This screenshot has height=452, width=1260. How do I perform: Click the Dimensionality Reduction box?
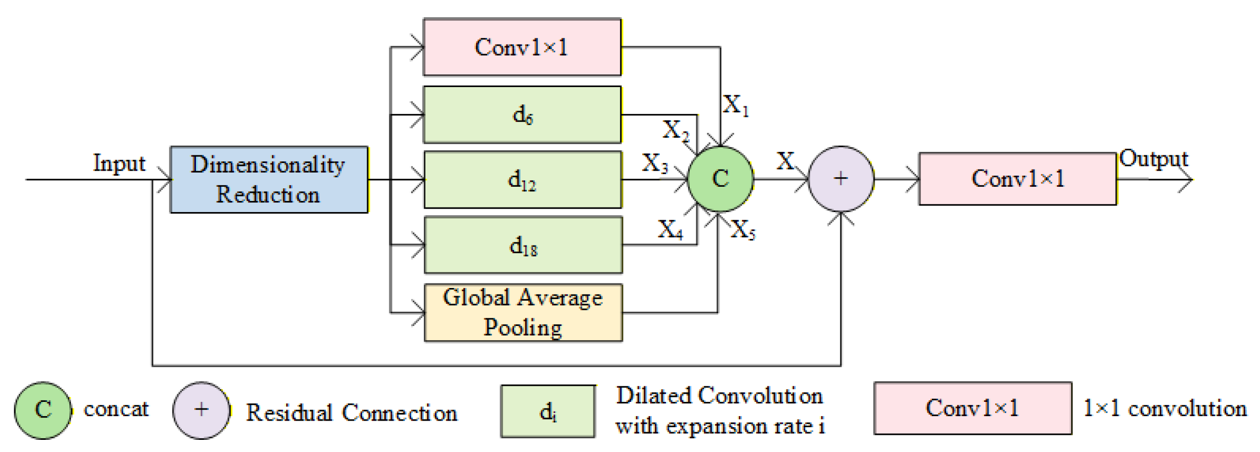point(269,180)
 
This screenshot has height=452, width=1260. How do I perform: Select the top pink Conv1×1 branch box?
point(522,47)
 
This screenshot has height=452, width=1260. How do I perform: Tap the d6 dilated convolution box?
point(522,114)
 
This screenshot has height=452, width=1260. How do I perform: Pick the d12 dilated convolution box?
point(523,180)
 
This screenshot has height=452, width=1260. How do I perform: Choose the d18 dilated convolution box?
point(523,245)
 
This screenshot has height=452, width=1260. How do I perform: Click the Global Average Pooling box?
point(523,313)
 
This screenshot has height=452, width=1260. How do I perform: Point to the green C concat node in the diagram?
point(720,179)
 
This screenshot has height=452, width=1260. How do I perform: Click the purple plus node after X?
point(841,179)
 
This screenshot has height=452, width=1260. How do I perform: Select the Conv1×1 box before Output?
point(1017,179)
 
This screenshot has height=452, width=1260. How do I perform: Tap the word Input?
point(119,163)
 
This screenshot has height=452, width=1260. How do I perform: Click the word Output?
point(1153,159)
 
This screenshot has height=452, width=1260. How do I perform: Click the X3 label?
point(655,163)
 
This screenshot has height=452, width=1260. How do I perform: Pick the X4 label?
point(670,230)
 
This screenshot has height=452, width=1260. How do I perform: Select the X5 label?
point(743,230)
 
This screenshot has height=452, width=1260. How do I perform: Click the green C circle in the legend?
point(43,409)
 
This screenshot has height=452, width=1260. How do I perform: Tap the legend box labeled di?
point(548,411)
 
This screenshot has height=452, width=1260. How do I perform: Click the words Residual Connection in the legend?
point(351,413)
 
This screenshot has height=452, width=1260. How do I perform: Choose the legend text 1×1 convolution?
point(1165,408)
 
